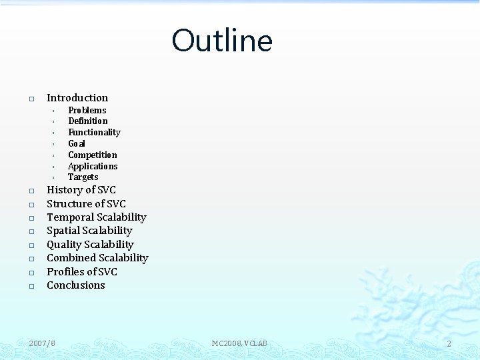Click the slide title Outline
tap(222, 41)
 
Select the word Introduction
tap(77, 98)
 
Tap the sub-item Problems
tap(87, 110)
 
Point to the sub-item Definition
tap(88, 121)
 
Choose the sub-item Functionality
tap(94, 132)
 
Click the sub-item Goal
tap(77, 143)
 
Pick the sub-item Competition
tap(93, 155)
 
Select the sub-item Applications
tap(93, 166)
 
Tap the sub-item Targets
tap(83, 177)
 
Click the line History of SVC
tap(81, 190)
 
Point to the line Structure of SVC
tap(86, 203)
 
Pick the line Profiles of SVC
tap(82, 271)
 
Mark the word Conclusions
tap(76, 285)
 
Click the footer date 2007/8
tap(43, 343)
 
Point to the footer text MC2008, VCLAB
tap(239, 343)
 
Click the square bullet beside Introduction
tap(31, 99)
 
